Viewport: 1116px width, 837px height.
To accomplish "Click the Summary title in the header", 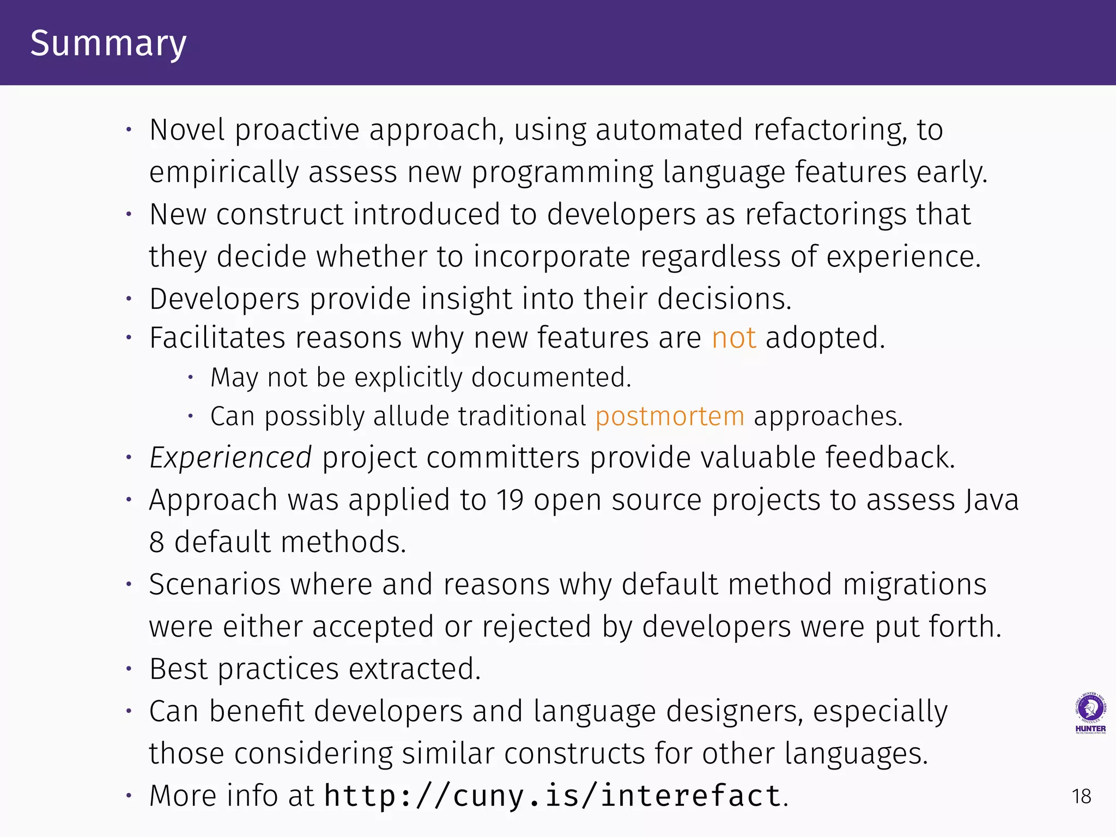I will (108, 44).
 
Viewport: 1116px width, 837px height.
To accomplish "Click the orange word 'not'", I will (733, 338).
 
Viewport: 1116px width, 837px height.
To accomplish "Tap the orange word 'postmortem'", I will (670, 417).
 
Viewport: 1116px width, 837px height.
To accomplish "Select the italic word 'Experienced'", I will (231, 458).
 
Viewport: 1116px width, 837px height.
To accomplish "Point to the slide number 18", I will (1081, 797).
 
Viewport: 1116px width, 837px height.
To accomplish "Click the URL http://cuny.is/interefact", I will (553, 796).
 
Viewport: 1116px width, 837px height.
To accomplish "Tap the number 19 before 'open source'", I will (510, 500).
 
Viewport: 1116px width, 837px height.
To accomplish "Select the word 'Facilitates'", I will (217, 338).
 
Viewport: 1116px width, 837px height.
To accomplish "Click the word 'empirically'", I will (223, 173).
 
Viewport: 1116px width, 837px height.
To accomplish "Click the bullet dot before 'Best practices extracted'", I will (129, 669).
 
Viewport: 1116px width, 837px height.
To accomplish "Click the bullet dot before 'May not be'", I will (191, 377).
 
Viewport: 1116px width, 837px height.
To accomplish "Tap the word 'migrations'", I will (914, 585).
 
